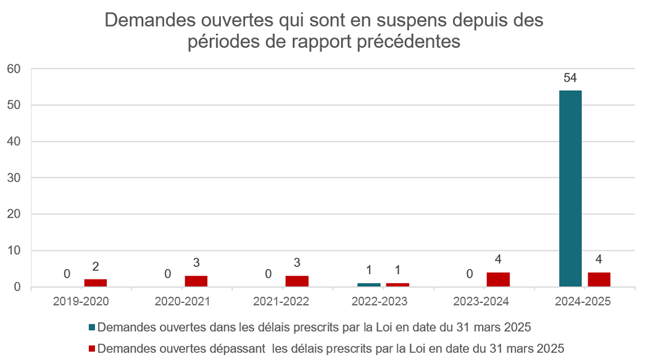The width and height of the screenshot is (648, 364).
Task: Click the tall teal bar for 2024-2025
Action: pos(570,188)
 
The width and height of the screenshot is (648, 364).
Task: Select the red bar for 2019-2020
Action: pos(96,283)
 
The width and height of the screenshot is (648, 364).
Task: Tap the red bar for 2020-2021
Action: pos(196,281)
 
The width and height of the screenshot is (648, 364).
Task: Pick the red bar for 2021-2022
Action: pos(297,281)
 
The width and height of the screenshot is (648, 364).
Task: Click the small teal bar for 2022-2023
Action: pos(369,285)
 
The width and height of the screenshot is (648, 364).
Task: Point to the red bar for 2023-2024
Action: pos(498,279)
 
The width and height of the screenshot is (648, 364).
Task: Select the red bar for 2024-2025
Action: pos(599,279)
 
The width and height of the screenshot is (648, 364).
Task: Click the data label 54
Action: pos(570,78)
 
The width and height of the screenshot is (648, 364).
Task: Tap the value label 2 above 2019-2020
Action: pos(96,267)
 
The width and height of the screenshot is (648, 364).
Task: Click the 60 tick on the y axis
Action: pos(14,68)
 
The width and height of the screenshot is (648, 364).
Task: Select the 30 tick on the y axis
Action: pos(14,178)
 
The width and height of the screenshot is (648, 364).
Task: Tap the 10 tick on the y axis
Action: pos(14,250)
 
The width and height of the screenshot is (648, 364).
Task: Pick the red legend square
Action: pos(93,349)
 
